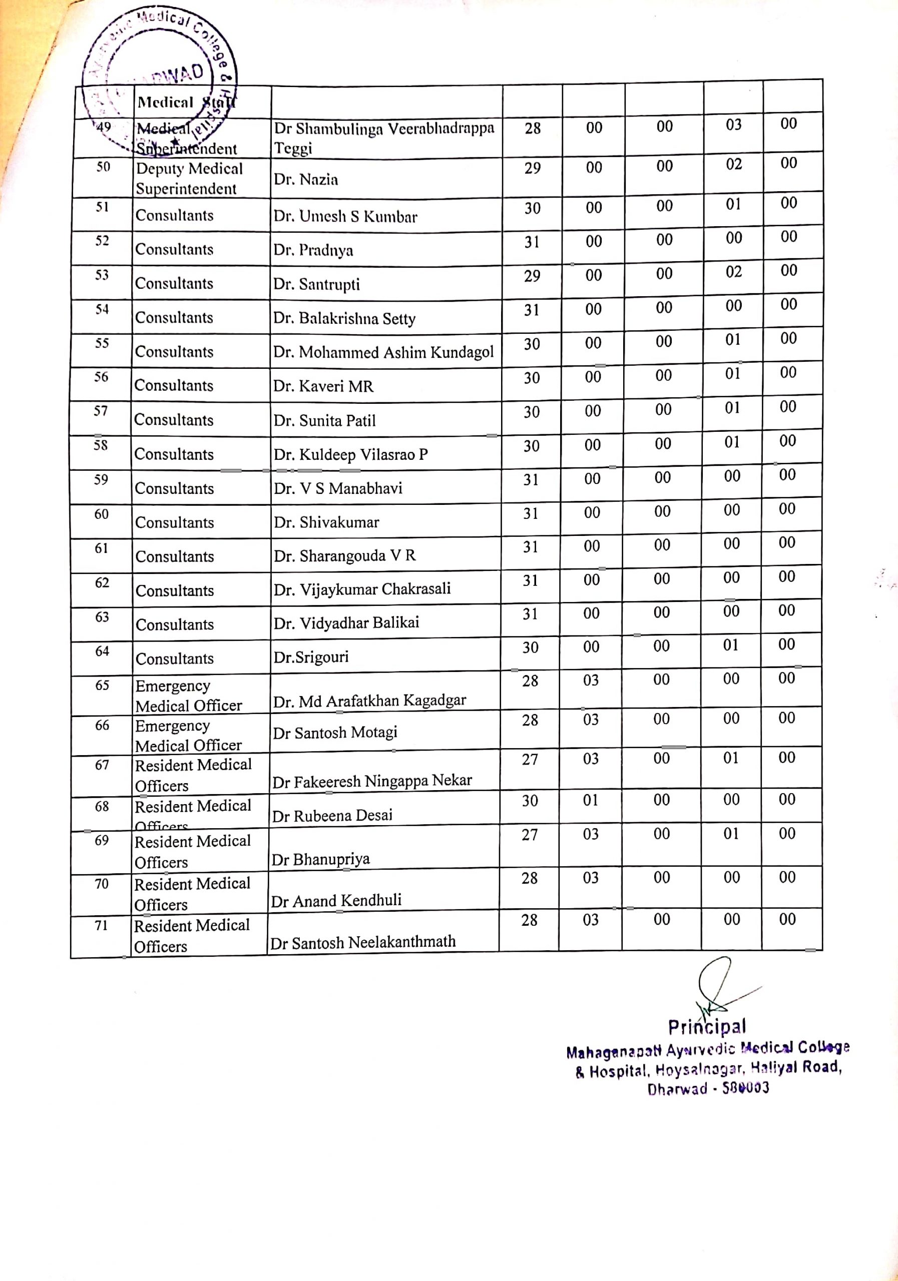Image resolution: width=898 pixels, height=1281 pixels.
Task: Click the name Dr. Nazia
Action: [306, 180]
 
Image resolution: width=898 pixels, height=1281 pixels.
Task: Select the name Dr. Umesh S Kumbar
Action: [345, 217]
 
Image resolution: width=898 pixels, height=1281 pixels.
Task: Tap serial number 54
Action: [102, 310]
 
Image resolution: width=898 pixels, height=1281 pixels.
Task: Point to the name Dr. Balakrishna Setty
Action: [344, 319]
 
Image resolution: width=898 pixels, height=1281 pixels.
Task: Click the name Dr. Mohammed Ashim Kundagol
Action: [383, 353]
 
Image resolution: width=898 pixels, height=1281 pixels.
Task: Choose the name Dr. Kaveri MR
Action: [323, 386]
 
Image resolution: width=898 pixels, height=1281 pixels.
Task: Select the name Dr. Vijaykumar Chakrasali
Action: [362, 589]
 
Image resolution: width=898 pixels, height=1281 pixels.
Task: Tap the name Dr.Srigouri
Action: [311, 657]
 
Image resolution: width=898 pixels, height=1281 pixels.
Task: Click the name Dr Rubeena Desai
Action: [332, 816]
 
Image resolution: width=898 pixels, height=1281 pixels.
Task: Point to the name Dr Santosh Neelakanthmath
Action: [363, 942]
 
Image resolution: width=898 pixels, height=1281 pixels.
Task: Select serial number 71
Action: [101, 925]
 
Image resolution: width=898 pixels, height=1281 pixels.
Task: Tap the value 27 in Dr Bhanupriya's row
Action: [529, 835]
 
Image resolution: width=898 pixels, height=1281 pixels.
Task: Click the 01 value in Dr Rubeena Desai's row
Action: [591, 801]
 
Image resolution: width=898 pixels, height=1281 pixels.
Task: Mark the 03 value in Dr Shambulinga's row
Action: [733, 125]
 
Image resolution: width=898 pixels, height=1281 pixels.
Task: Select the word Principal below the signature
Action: [707, 1027]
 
